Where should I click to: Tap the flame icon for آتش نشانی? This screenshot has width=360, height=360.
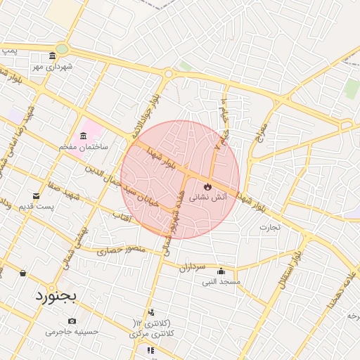pyautogui.click(x=207, y=186)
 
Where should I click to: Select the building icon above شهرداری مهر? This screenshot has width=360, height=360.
pyautogui.click(x=53, y=57)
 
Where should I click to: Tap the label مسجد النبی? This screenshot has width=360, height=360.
pyautogui.click(x=221, y=282)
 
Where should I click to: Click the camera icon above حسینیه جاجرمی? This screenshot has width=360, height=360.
pyautogui.click(x=72, y=321)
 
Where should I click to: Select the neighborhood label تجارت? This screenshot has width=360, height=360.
pyautogui.click(x=269, y=227)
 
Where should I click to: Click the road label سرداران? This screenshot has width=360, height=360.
pyautogui.click(x=191, y=268)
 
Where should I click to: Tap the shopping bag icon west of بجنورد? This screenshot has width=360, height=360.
pyautogui.click(x=22, y=273)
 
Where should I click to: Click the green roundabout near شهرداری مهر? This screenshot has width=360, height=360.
pyautogui.click(x=62, y=49)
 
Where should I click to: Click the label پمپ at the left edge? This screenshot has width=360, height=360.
pyautogui.click(x=8, y=51)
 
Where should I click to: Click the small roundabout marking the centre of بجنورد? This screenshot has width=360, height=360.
pyautogui.click(x=168, y=73)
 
